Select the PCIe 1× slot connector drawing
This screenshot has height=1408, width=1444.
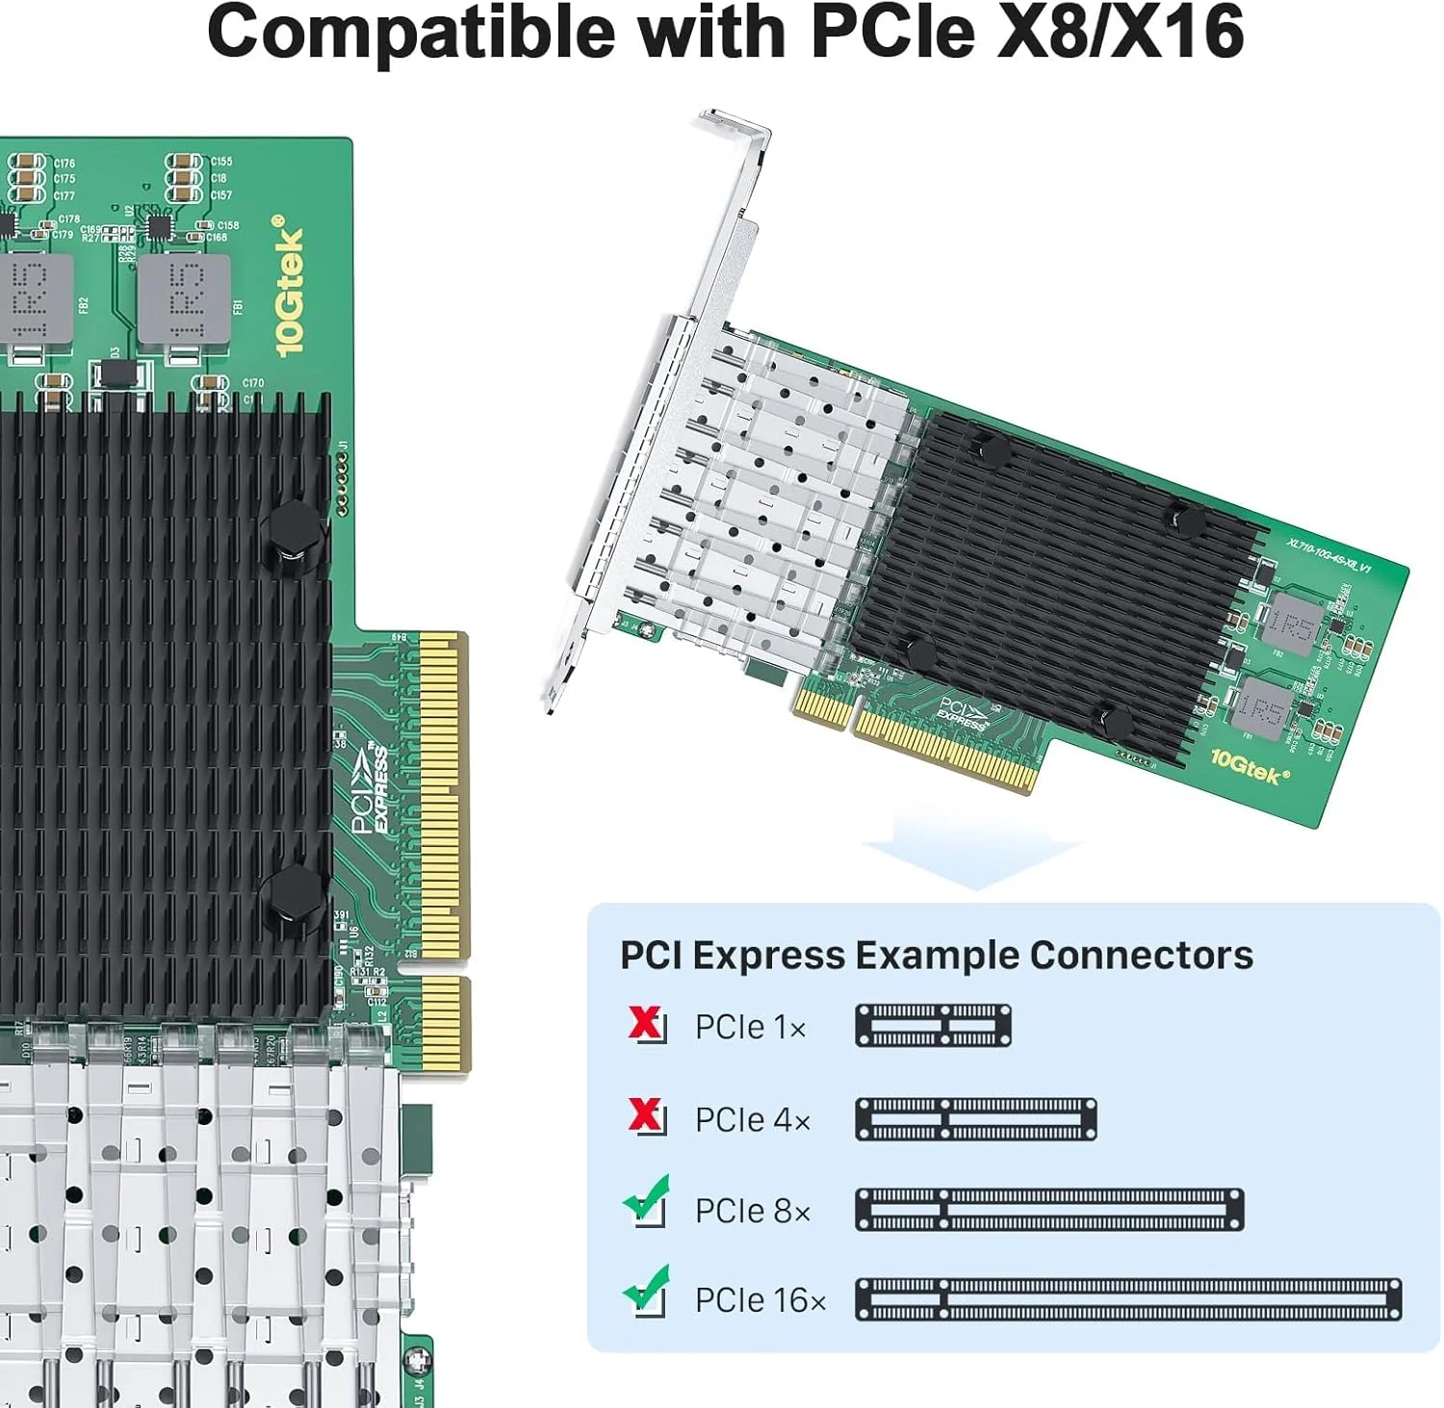point(933,1025)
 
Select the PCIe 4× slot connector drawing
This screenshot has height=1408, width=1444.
point(975,1119)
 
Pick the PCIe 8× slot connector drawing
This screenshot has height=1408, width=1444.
point(1049,1210)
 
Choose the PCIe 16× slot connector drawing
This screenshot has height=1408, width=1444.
point(1128,1299)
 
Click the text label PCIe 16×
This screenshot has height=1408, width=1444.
point(761,1300)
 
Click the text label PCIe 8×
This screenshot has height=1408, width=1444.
point(753,1211)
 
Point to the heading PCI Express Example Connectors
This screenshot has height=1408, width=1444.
point(936,955)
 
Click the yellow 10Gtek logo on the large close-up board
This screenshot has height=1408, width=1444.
point(288,286)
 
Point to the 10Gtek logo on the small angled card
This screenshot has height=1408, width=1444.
point(1249,767)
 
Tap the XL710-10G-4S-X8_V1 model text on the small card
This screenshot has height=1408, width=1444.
point(1328,554)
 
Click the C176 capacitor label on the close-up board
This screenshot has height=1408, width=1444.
point(64,164)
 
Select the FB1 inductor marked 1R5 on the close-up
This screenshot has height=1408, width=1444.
point(171,300)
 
